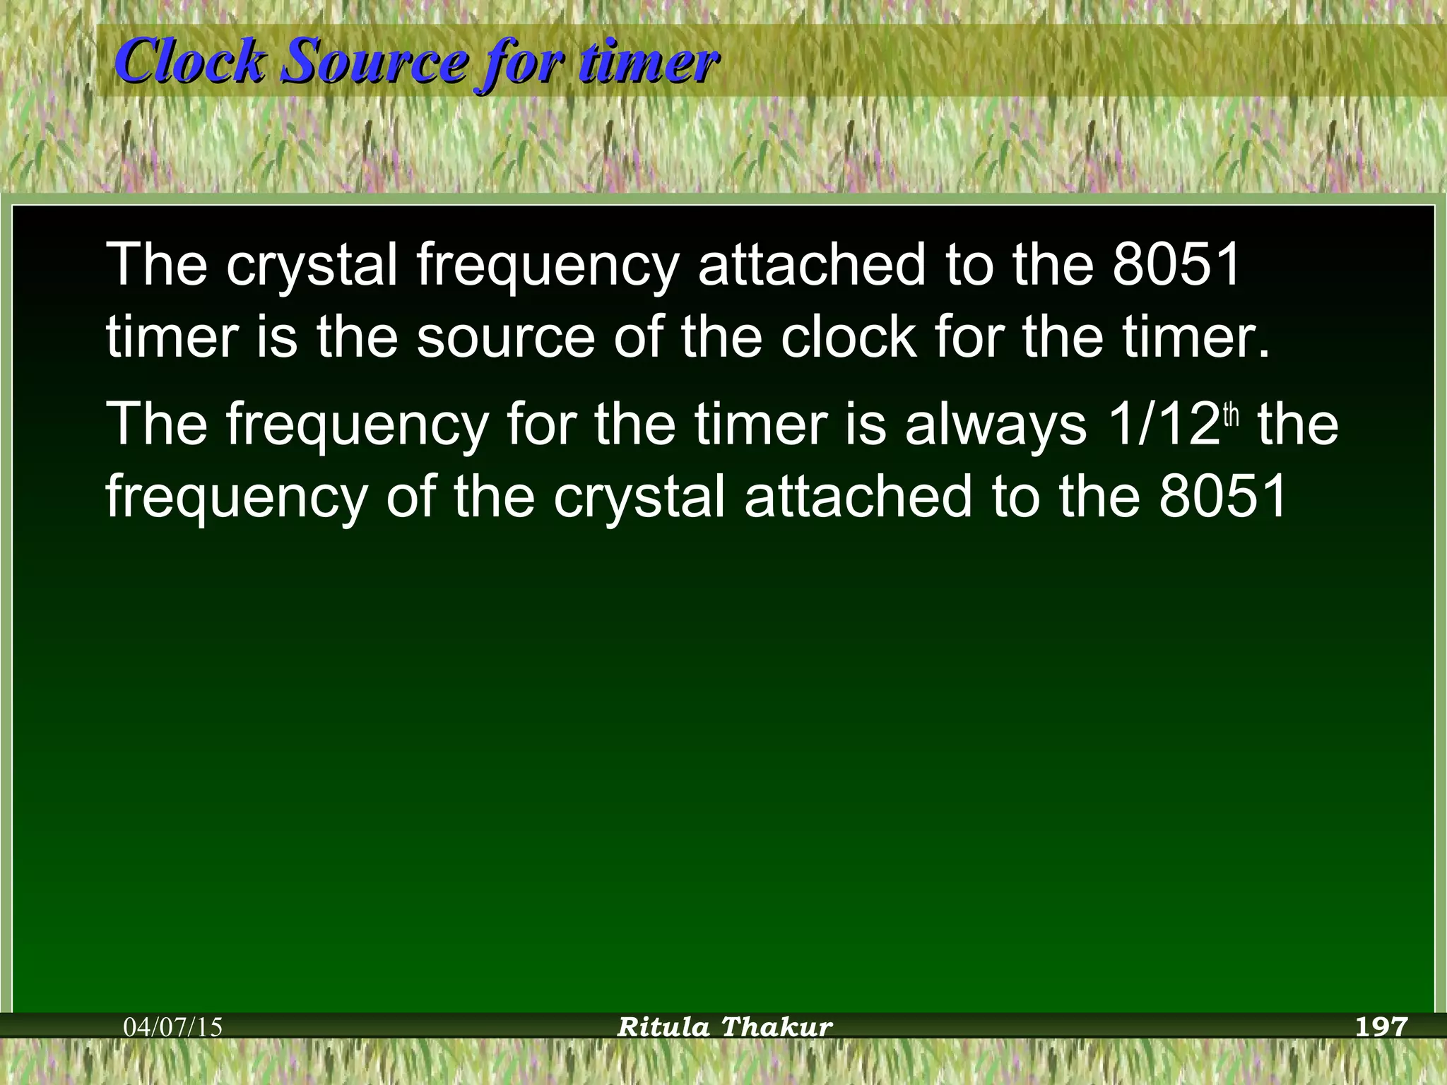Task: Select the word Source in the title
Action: coord(374,62)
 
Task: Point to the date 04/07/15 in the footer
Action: coord(173,1026)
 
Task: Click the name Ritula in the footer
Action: coord(663,1026)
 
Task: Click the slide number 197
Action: coord(1381,1026)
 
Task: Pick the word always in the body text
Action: coord(996,425)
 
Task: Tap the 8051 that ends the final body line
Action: coord(1223,496)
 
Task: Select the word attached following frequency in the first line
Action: coord(812,264)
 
